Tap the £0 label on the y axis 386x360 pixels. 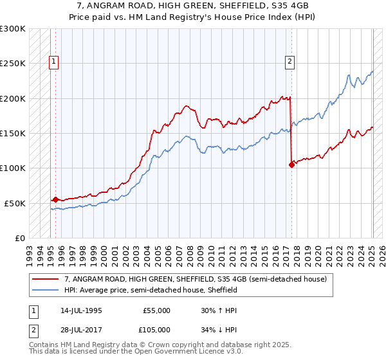coord(19,238)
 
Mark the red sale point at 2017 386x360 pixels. coord(291,165)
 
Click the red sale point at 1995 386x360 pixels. coord(55,199)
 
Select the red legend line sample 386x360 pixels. coord(46,280)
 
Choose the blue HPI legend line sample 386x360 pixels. coord(46,291)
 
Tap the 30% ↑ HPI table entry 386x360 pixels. coord(208,310)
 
